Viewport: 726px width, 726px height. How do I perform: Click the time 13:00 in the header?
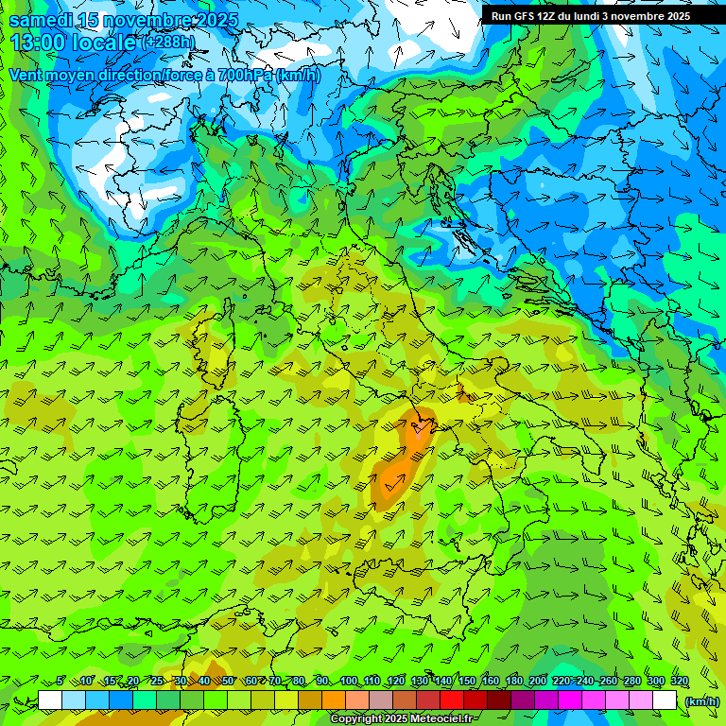point(39,42)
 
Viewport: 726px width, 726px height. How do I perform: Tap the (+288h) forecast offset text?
point(169,42)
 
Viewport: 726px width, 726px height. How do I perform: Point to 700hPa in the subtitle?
point(243,75)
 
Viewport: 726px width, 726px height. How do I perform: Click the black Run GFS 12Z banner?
point(590,16)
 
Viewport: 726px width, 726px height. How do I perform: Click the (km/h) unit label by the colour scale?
point(701,700)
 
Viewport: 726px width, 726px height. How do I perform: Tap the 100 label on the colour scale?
point(348,682)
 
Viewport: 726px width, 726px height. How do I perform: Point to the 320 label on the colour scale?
point(679,682)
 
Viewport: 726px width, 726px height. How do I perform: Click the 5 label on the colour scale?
point(60,682)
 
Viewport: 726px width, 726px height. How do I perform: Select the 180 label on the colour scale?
point(513,682)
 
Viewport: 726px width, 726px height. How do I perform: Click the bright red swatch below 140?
point(452,700)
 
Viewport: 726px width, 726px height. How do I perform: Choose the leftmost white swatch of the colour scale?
point(50,700)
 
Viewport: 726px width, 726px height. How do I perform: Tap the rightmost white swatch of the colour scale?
point(665,700)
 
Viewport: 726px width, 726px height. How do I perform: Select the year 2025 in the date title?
point(216,19)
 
